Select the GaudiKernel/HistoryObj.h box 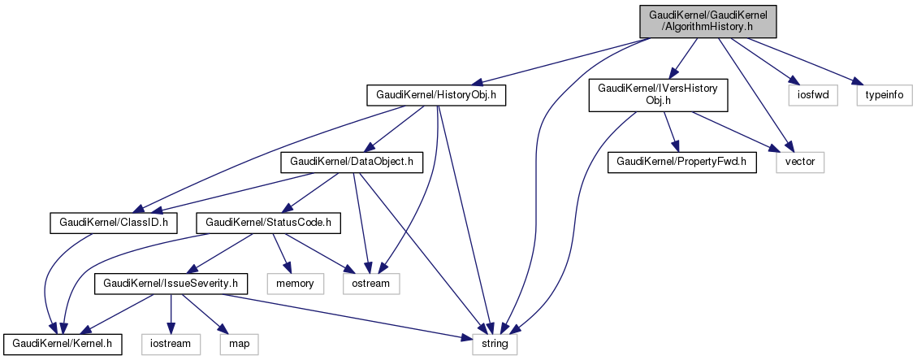pyautogui.click(x=437, y=95)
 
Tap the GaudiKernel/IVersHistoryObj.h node pyautogui.click(x=657, y=95)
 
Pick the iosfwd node pyautogui.click(x=809, y=95)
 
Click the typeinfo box pyautogui.click(x=884, y=95)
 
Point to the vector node pyautogui.click(x=801, y=162)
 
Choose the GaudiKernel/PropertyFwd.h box pyautogui.click(x=683, y=162)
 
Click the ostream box pyautogui.click(x=371, y=283)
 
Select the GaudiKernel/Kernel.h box pyautogui.click(x=63, y=344)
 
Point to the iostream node pyautogui.click(x=171, y=344)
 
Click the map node pyautogui.click(x=239, y=344)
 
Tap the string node pyautogui.click(x=495, y=344)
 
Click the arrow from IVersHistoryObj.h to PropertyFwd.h pyautogui.click(x=671, y=131)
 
